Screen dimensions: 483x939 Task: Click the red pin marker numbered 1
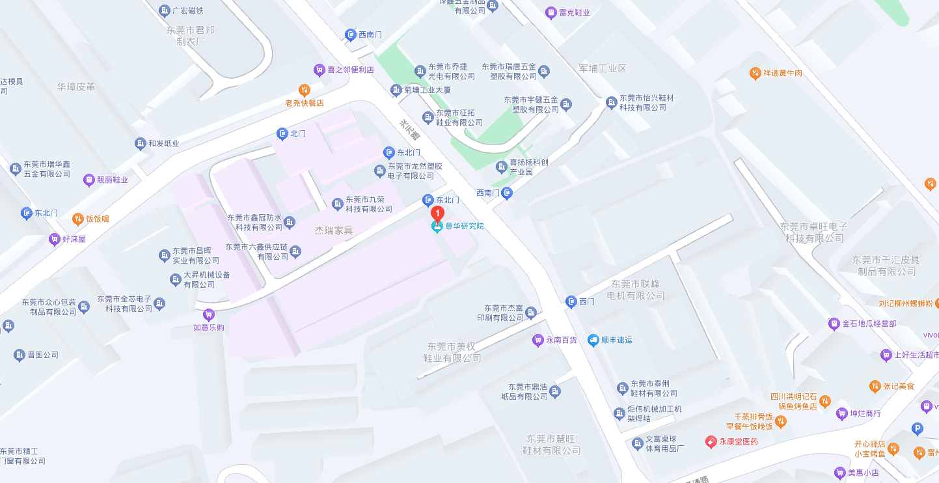pos(439,213)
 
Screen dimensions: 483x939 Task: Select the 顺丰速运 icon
pos(593,340)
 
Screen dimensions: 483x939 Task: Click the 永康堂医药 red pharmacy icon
pos(711,442)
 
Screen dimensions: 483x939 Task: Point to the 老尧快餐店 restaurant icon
pos(304,90)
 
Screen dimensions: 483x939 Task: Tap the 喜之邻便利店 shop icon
pos(319,70)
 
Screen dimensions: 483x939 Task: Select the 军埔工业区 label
pos(602,68)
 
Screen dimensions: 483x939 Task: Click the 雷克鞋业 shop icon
pos(551,12)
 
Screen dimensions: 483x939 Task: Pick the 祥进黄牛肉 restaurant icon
pos(755,73)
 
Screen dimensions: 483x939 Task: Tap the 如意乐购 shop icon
pos(209,315)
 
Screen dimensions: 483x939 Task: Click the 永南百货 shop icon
pos(538,340)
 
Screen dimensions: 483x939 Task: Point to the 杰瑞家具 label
pos(334,230)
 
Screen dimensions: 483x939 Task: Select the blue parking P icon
pos(918,428)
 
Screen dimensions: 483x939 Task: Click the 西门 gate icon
pos(571,301)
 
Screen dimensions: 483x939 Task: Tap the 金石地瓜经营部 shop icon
pos(834,324)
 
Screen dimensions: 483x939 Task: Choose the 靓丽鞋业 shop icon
pos(89,180)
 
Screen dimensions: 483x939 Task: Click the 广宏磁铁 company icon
pos(165,10)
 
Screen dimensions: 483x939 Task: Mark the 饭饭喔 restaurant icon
pos(77,219)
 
